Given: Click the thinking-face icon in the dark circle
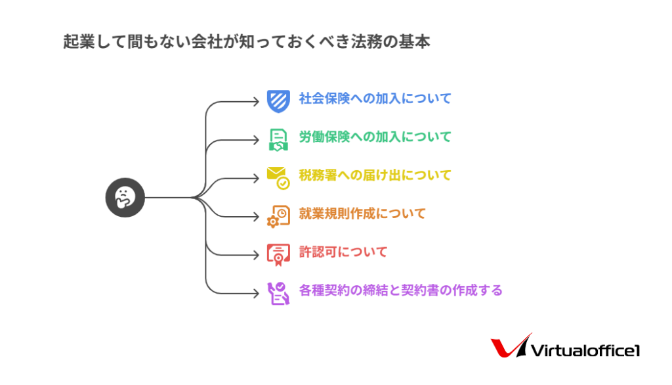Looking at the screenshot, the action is pyautogui.click(x=125, y=198).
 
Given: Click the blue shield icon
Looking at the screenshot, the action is pyautogui.click(x=278, y=101).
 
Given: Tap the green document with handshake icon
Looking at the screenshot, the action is pyautogui.click(x=278, y=140).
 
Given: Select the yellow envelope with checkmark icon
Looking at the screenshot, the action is pyautogui.click(x=278, y=178).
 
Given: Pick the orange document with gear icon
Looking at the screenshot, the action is pyautogui.click(x=278, y=216).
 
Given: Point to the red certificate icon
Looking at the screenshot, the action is pyautogui.click(x=278, y=255).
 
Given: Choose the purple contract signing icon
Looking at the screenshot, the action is pyautogui.click(x=278, y=293).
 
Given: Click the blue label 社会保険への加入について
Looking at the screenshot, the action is pyautogui.click(x=375, y=99).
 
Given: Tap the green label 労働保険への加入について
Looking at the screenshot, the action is pyautogui.click(x=375, y=137).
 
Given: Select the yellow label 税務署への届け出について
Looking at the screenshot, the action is pyautogui.click(x=375, y=175).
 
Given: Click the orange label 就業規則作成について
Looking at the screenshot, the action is pyautogui.click(x=362, y=214).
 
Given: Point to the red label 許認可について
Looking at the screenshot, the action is pyautogui.click(x=343, y=252).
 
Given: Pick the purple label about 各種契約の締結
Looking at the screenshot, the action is pyautogui.click(x=401, y=290).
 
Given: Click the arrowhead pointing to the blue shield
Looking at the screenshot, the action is pyautogui.click(x=257, y=102).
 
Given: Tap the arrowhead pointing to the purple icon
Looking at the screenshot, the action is pyautogui.click(x=257, y=294).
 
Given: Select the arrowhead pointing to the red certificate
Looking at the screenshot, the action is pyautogui.click(x=257, y=255).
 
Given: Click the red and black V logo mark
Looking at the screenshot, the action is pyautogui.click(x=510, y=346).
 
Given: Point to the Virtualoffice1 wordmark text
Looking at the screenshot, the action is pyautogui.click(x=585, y=351).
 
